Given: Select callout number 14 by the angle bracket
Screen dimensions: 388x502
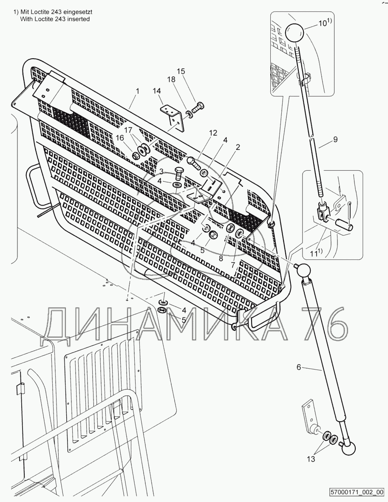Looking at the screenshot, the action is pyautogui.click(x=157, y=91).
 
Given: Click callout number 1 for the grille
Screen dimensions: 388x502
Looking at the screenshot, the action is pyautogui.click(x=137, y=91).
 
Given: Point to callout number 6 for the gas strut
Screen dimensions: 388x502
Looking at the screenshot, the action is pyautogui.click(x=299, y=367).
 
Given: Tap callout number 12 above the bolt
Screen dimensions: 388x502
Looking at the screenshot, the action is pyautogui.click(x=212, y=133).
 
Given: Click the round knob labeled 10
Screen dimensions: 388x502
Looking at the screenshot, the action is pyautogui.click(x=295, y=31).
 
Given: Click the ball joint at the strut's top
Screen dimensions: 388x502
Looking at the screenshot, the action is pyautogui.click(x=304, y=271).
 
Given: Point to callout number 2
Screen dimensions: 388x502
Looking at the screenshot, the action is pyautogui.click(x=238, y=147).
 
